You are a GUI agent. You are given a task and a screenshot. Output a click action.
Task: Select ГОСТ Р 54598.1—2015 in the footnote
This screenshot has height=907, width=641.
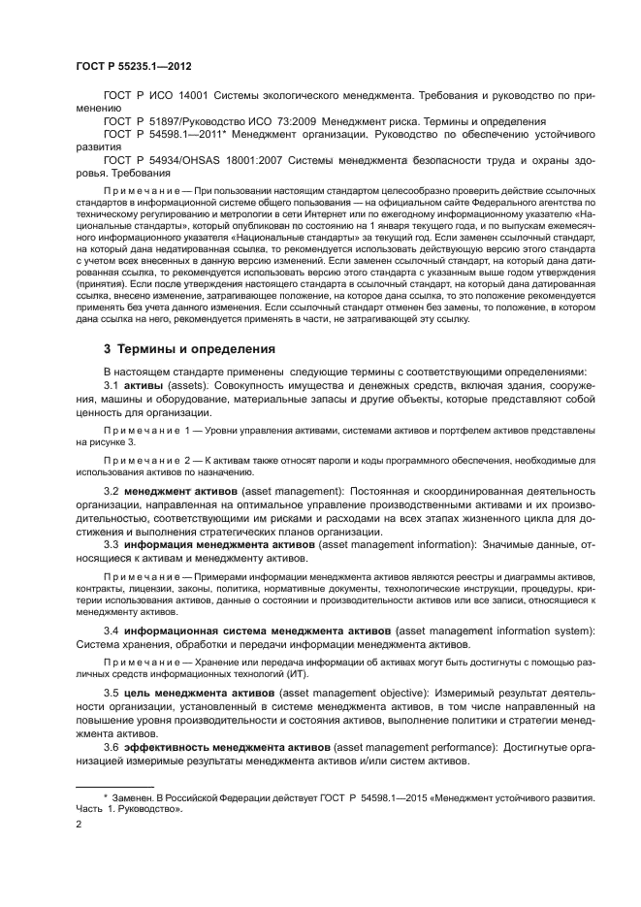[x=360, y=796]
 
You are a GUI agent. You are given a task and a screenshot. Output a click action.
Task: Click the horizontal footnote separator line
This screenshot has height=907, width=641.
[x=113, y=785]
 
